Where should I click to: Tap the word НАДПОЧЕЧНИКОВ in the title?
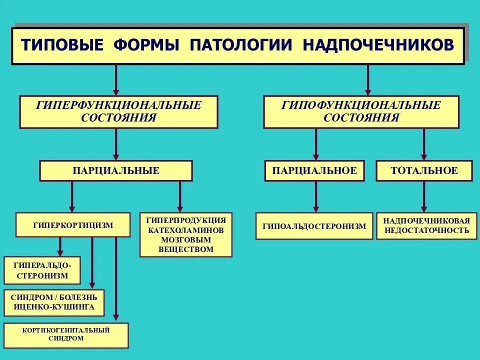coord(378,45)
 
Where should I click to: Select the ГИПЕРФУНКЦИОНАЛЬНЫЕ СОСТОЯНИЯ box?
coord(118,112)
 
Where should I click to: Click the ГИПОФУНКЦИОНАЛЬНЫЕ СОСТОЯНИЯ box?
coord(361,112)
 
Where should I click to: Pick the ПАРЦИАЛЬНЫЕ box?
coord(116,170)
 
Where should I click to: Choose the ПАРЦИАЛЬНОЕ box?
coord(314,170)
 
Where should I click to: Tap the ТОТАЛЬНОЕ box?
coord(424,170)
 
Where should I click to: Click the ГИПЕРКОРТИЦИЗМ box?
coord(73,225)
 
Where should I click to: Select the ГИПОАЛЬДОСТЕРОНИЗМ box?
coord(314,226)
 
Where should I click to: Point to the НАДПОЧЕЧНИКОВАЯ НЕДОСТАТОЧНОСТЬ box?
coord(426,226)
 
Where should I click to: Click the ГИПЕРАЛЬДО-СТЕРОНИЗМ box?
coord(42,270)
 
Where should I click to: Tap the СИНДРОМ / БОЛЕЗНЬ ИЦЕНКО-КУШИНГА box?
coord(54,302)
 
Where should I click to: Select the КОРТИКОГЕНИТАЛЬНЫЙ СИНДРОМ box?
coord(66,334)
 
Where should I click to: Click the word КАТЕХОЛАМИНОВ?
coord(186,230)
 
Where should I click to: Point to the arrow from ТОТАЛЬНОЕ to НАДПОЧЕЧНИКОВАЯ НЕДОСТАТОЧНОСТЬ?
coord(424,196)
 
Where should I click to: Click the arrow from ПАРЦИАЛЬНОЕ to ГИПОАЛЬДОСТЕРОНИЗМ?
coord(315,196)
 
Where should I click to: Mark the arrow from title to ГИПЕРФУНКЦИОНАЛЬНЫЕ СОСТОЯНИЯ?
coord(116,80)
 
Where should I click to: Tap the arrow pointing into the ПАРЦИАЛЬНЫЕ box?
coord(116,144)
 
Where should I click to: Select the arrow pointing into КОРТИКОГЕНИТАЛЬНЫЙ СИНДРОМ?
coord(116,280)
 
